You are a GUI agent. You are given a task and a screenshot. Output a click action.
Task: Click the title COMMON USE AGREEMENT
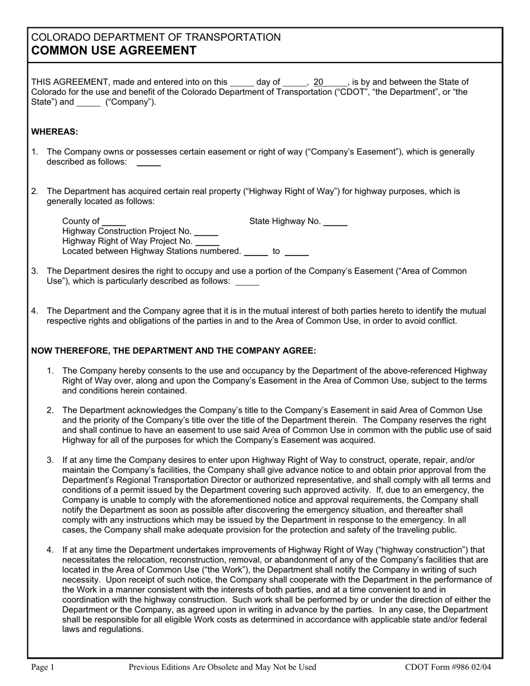tap(114, 51)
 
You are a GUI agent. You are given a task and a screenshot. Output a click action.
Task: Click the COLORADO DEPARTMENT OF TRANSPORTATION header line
tap(156, 37)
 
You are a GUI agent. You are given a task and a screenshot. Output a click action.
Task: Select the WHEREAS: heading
tap(55, 132)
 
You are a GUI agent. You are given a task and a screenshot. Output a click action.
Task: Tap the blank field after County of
tap(114, 221)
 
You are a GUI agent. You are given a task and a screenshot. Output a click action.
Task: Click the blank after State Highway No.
tap(335, 221)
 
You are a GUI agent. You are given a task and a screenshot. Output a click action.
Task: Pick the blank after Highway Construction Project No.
tap(206, 231)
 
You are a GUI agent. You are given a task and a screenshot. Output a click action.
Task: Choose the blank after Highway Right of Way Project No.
tap(207, 241)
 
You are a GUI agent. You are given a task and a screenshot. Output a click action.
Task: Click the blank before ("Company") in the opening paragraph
tap(88, 103)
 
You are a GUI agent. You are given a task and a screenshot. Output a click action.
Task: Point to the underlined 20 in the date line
tap(319, 82)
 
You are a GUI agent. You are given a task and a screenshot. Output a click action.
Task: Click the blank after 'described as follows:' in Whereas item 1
tap(148, 162)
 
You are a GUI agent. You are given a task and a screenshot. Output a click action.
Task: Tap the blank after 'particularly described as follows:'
tap(247, 282)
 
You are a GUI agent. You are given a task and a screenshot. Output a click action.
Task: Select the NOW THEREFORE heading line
tap(174, 351)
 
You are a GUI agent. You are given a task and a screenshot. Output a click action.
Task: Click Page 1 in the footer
tap(43, 666)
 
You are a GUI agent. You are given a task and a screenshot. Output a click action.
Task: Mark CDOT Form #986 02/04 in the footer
tap(448, 666)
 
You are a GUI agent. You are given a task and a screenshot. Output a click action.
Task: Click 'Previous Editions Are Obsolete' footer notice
tap(222, 666)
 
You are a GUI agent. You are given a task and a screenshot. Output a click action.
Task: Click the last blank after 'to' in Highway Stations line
tap(296, 252)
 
